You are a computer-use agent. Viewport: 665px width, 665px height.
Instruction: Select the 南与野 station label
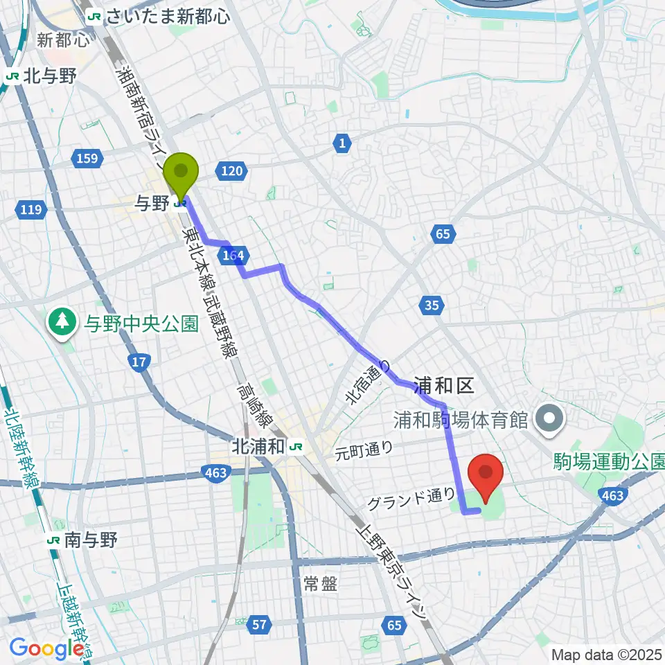90,539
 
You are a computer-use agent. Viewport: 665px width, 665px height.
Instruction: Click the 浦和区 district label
443,386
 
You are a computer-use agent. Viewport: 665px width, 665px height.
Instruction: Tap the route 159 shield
87,160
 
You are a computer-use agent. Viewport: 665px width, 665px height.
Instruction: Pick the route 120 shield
232,170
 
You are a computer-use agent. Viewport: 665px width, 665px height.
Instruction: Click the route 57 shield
259,626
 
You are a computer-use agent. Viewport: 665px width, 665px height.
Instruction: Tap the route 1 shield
342,144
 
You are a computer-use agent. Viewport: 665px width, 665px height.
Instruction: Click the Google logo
47,649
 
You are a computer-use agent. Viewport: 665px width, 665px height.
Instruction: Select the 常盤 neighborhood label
320,584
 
